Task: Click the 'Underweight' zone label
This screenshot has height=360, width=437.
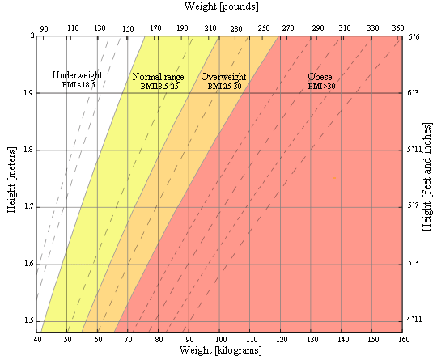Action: (76, 75)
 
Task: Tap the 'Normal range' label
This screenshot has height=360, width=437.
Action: (158, 77)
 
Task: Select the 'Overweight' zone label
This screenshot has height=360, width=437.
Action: (223, 77)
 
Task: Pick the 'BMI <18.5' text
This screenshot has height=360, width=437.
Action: (78, 84)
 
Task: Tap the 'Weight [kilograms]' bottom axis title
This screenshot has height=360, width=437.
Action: (219, 351)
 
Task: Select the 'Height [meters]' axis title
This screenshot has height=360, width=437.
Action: (11, 184)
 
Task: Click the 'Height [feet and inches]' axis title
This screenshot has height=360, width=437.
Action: (427, 184)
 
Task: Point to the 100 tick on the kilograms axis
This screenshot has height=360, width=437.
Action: (219, 339)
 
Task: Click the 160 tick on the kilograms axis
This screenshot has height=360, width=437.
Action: (401, 339)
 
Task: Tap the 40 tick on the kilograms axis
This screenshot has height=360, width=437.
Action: (37, 339)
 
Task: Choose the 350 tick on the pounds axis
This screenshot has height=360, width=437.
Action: (397, 28)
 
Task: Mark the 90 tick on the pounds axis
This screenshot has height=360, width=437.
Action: (45, 28)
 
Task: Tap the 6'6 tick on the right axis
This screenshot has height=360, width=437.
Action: (414, 36)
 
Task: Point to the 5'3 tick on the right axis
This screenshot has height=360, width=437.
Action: (414, 264)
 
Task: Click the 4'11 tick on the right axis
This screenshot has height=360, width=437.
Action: (415, 321)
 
